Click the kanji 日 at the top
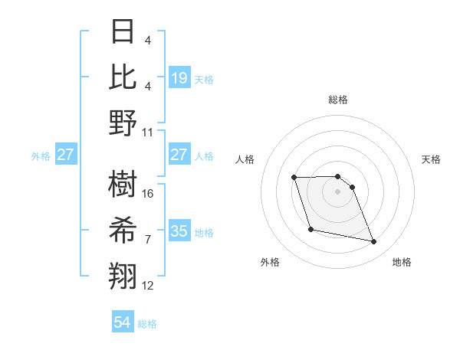123,33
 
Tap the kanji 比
123,77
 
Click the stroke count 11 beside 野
148,132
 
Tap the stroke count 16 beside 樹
148,194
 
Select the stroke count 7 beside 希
148,240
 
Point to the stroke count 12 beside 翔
148,286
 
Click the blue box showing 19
179,78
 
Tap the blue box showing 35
179,231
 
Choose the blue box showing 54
123,322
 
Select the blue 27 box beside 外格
66,155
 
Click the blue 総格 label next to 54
147,324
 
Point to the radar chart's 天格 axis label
431,159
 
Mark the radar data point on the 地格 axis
374,242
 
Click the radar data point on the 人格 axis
294,178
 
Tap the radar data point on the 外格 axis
310,229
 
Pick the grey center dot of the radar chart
337,191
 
